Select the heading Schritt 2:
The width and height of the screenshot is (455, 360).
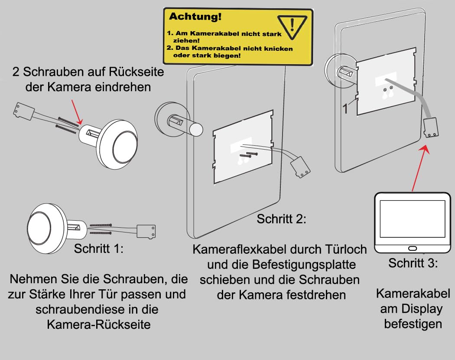tap(281, 219)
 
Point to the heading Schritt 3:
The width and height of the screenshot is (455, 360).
tap(413, 263)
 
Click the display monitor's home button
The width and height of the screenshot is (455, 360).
tap(412, 248)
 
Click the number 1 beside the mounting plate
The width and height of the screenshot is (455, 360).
tap(345, 109)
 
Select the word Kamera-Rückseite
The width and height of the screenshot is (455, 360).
tap(99, 324)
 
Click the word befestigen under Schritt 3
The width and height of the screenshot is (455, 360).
tap(413, 324)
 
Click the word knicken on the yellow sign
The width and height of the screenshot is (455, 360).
tap(278, 49)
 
